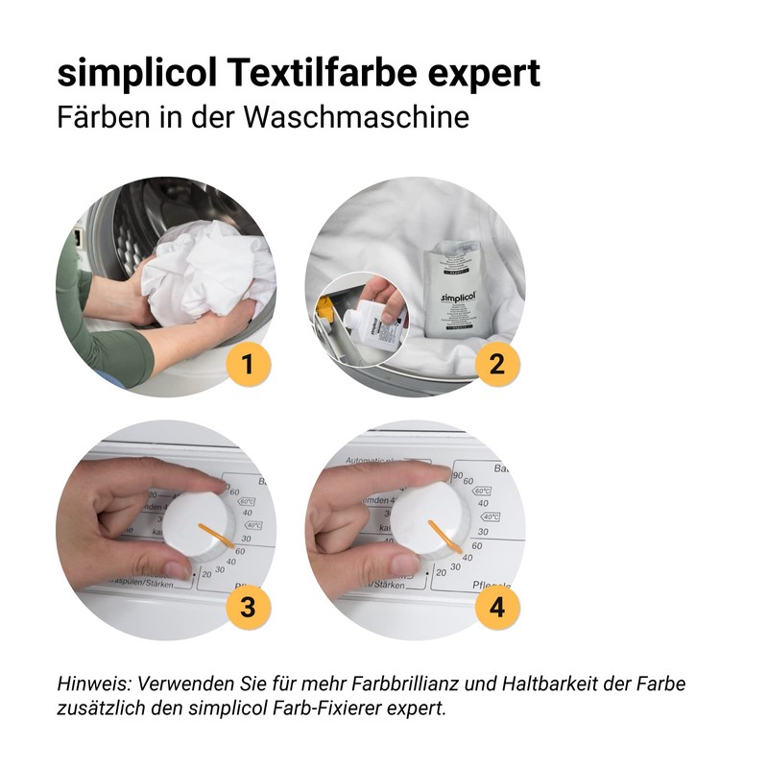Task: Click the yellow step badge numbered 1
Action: point(249,365)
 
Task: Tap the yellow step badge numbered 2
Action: point(497,365)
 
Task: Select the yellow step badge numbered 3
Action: point(249,607)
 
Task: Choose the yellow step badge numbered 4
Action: point(497,607)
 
